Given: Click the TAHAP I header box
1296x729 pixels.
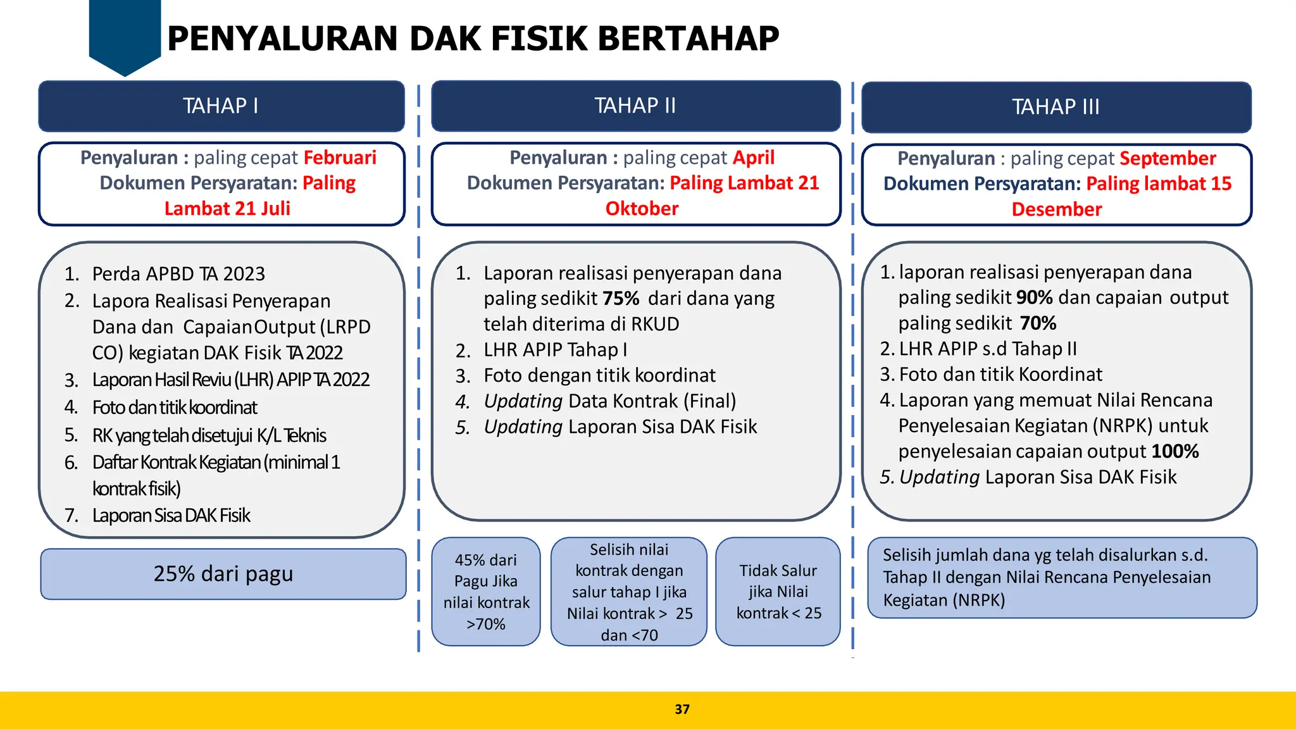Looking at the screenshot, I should click(221, 106).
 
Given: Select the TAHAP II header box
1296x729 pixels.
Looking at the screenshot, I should click(635, 106).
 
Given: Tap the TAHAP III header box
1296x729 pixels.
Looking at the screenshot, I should click(1056, 107).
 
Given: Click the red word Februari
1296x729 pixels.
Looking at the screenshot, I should click(340, 158).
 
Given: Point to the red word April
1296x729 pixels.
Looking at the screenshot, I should click(754, 158).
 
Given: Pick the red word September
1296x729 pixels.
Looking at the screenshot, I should click(1168, 158).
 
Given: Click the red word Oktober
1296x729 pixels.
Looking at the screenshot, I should click(642, 209).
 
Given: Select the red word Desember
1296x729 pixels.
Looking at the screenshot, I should click(1056, 209).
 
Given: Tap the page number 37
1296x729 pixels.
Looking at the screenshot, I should click(682, 709).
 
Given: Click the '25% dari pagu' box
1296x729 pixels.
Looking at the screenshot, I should click(223, 574).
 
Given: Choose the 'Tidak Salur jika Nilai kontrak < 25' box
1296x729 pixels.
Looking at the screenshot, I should click(778, 592).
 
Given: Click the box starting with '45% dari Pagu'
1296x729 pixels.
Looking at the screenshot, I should click(485, 592).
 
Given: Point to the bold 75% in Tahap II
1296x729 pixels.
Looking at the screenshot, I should click(621, 298).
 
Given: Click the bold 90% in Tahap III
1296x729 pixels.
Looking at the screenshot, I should click(1034, 297).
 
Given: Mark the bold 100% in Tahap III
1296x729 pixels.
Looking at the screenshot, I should click(1174, 451).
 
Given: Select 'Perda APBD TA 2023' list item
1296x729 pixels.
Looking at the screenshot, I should click(178, 274).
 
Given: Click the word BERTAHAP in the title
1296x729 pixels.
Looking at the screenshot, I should click(688, 39).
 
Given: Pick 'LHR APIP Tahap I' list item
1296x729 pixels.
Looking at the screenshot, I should click(555, 350).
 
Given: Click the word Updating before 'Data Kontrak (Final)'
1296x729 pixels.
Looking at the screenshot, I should click(523, 401).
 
